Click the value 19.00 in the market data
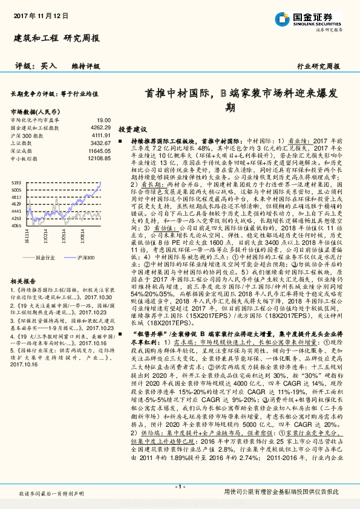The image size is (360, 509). coord(103,121)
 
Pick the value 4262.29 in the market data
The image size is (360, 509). coord(99,128)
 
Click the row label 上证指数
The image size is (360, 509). coord(22,143)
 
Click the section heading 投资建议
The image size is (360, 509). coord(133,130)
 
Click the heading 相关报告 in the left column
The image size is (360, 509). coord(24,265)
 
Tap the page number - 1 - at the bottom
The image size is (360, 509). coord(180,487)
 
